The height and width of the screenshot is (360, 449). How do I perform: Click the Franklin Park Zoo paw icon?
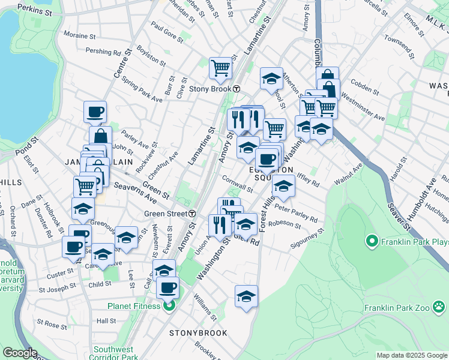[x=440, y=308]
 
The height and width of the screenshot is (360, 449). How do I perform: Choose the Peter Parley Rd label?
[x=295, y=212]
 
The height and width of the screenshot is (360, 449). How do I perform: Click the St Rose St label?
[x=52, y=324]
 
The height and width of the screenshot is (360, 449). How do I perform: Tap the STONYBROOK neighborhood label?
[x=198, y=333]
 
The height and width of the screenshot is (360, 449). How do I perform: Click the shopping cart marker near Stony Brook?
[x=220, y=68]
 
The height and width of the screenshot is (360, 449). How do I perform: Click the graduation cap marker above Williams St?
[x=246, y=296]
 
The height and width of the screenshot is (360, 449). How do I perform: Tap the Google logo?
[x=20, y=353]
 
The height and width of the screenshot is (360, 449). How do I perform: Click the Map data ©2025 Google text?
[x=412, y=355]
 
